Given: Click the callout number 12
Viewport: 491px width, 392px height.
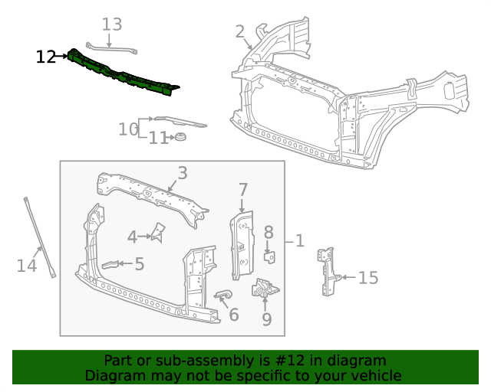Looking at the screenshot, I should coord(46,57).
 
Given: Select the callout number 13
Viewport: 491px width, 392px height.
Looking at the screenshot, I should coord(112,24).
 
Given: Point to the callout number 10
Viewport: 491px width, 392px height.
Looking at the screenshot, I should coord(127,129).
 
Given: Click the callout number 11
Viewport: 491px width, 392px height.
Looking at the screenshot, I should coord(157,139).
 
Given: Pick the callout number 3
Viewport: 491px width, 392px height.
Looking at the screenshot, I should coord(183,173).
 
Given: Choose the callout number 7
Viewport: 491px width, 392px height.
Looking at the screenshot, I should coord(243,190).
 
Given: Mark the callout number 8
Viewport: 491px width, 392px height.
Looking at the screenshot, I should coord(269,232).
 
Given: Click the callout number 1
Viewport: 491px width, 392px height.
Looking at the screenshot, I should coord(300,241).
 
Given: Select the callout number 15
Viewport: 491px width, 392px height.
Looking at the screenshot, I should coord(369,277).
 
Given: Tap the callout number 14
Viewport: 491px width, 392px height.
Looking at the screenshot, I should coord(27,266).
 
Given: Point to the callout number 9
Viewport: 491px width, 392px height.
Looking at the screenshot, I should coord(266,318).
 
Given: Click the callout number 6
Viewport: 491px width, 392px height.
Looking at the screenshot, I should coord(234,315).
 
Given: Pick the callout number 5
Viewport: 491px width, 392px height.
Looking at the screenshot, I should coord(140,264).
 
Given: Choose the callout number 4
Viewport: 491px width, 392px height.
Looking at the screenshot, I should coord(132,237).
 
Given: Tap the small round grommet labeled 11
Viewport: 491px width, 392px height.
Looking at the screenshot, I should coord(181,137).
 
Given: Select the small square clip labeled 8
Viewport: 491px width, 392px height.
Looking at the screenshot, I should coord(269,255).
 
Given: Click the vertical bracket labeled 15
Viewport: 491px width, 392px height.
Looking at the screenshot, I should coord(328,270).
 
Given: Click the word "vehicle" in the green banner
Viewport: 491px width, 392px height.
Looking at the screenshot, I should coord(371,376).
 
